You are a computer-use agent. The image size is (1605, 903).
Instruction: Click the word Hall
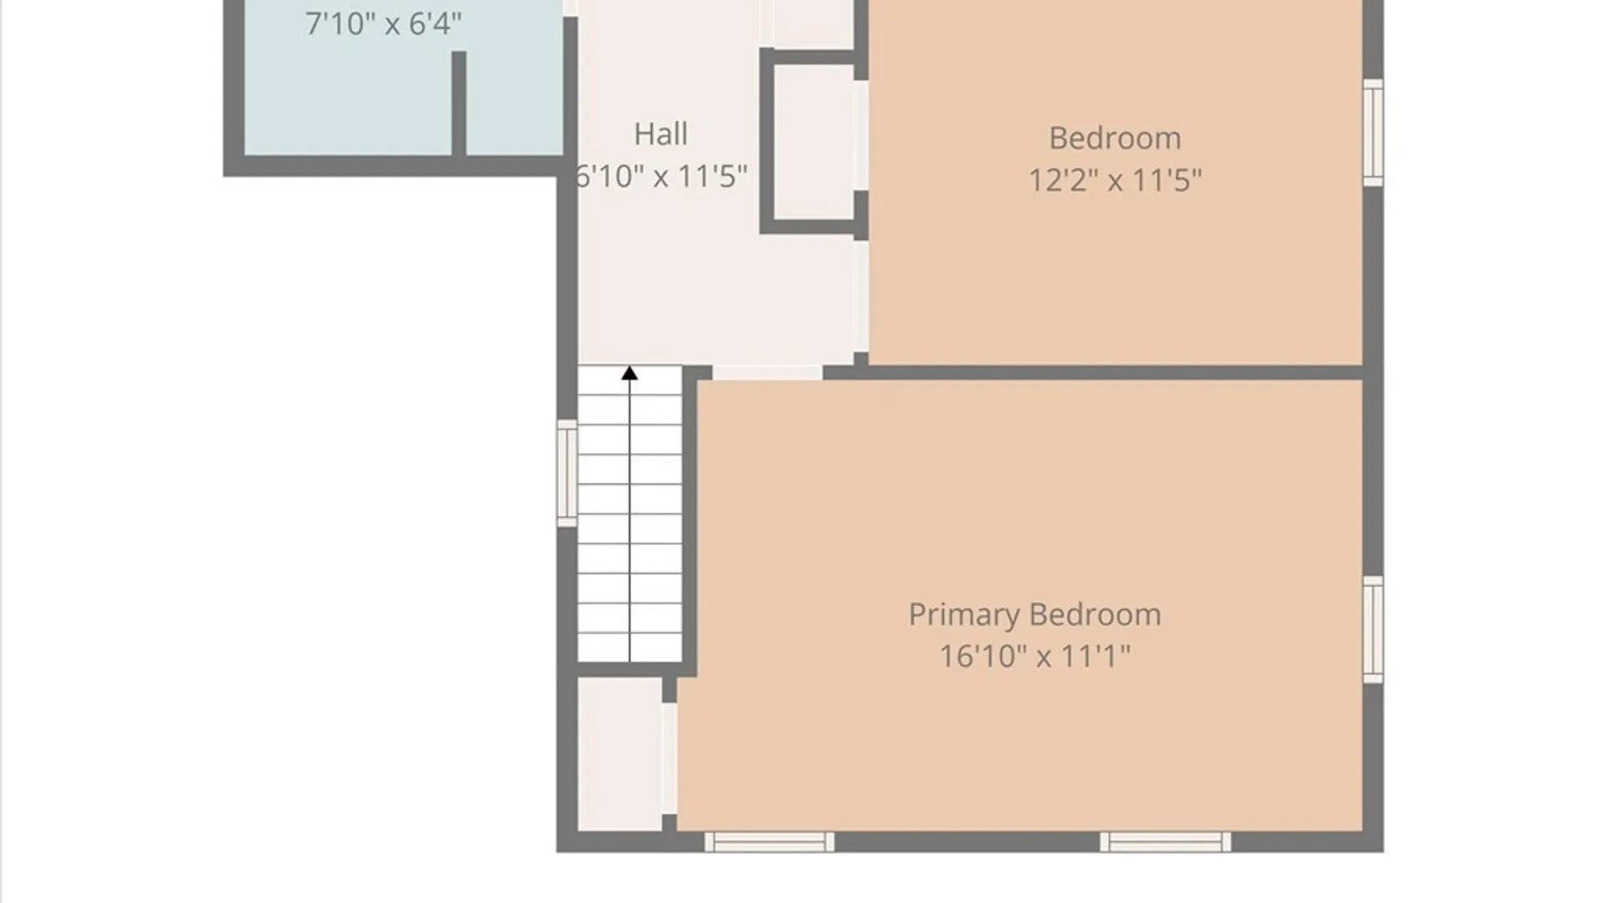(660, 135)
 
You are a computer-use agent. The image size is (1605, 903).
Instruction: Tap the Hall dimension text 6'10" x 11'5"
(660, 176)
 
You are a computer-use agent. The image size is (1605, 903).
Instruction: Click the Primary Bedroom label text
(1035, 615)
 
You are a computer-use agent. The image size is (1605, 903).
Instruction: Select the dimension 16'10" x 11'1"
(1035, 656)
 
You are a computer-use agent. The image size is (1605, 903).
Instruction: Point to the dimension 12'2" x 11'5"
(1114, 180)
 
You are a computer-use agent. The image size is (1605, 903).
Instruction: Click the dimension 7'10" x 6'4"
(383, 23)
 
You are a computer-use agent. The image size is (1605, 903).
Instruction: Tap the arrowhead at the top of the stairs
(629, 373)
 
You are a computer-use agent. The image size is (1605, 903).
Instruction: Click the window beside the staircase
(567, 473)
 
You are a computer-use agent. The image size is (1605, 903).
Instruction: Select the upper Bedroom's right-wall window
(1373, 132)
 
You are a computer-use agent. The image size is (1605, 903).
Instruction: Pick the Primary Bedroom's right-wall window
(1373, 630)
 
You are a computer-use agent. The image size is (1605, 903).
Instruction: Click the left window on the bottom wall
(769, 842)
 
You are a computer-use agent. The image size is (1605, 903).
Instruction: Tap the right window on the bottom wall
(1165, 842)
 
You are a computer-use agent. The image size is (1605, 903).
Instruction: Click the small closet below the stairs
(619, 754)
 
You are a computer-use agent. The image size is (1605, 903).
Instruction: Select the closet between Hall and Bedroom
(813, 141)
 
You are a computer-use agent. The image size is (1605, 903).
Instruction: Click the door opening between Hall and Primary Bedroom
(767, 373)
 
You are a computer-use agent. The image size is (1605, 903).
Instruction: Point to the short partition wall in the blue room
(459, 104)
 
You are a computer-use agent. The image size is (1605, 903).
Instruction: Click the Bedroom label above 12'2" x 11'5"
(1115, 139)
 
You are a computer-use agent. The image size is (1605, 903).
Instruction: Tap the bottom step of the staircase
(629, 647)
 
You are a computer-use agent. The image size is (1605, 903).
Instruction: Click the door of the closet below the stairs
(670, 758)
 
